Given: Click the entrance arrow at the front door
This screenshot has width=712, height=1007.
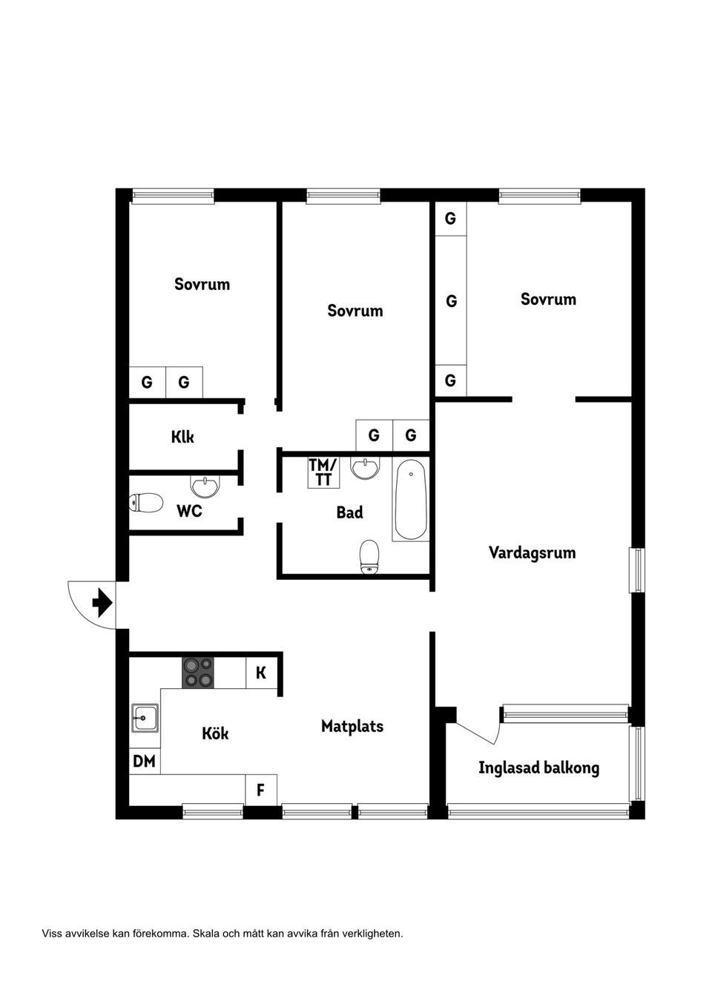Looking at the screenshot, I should [x=102, y=602].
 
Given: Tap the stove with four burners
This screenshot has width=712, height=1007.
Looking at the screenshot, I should [x=198, y=673].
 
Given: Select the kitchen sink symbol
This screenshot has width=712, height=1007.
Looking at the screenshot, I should [x=144, y=718].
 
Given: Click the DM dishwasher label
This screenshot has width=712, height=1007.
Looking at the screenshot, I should [x=144, y=761].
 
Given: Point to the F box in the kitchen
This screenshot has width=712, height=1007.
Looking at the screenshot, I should [x=260, y=790].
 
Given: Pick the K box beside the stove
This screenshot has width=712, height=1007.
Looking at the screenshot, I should [x=261, y=673].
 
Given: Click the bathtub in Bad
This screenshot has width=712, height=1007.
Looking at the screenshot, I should [x=410, y=500].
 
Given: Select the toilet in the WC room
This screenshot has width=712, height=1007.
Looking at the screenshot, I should [x=146, y=503].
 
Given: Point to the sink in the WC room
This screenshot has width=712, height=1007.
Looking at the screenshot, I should [x=205, y=486].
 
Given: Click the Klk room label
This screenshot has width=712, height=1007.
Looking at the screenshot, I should [x=182, y=437].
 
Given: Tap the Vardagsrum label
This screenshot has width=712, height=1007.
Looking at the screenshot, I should [x=532, y=552].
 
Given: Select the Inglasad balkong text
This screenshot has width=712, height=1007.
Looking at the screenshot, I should [x=538, y=767].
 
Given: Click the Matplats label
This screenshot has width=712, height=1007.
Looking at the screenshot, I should [x=352, y=726].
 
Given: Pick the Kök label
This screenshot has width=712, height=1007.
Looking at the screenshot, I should [x=215, y=733].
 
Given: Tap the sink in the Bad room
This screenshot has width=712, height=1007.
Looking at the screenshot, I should [x=365, y=468].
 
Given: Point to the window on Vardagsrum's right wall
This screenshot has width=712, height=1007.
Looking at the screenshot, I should [x=636, y=569].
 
